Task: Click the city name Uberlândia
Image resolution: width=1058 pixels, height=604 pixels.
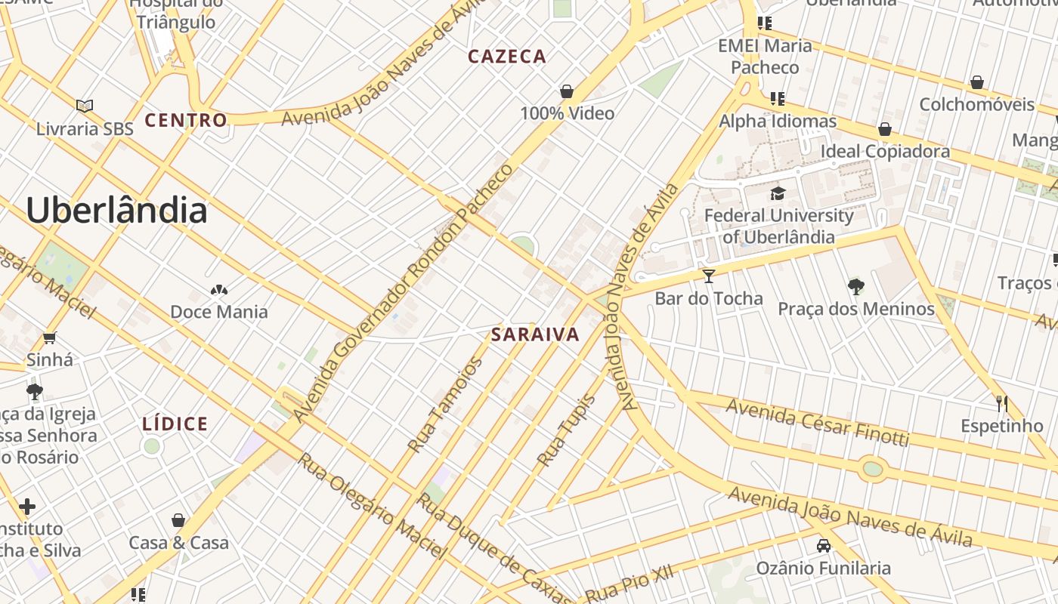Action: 116,210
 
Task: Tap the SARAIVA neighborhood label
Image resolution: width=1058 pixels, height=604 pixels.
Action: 535,334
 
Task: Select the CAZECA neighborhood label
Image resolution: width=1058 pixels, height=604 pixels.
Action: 507,57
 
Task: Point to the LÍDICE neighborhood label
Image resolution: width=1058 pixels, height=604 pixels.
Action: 175,424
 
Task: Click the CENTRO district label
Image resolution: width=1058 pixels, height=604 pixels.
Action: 186,120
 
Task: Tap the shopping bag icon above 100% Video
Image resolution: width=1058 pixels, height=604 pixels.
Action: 567,92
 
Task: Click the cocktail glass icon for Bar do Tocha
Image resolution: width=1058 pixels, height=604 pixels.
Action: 708,276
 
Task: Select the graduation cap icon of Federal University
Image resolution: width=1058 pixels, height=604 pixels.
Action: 778,193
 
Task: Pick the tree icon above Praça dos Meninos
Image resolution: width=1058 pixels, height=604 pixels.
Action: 855,286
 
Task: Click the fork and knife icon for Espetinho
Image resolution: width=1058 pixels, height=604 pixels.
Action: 1002,404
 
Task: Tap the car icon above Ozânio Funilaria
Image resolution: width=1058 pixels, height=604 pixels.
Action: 823,545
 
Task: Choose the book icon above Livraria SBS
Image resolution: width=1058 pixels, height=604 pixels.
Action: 85,106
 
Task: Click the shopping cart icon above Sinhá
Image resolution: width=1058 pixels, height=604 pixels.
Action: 50,337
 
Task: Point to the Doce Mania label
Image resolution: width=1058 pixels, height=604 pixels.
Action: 219,312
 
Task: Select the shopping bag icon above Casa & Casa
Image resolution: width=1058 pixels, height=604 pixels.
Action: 178,520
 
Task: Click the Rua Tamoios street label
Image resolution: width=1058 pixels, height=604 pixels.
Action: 445,405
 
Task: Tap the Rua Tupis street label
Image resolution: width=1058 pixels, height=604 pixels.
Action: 566,429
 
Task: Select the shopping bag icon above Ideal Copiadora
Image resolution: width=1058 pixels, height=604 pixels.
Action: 885,129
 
